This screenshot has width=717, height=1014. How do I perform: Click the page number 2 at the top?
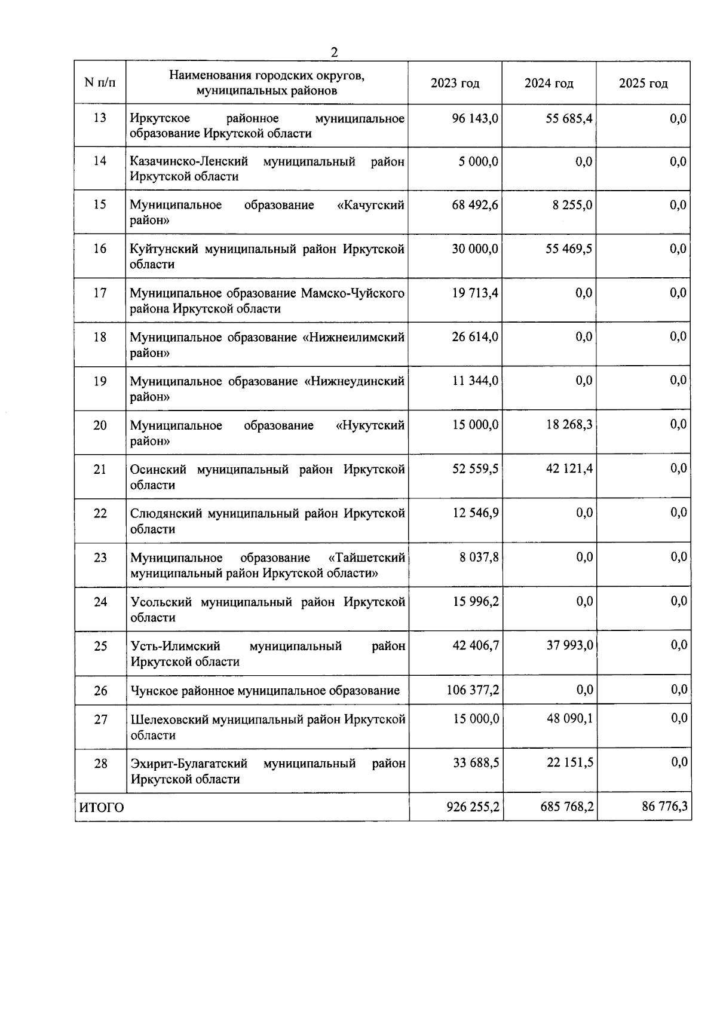click(335, 53)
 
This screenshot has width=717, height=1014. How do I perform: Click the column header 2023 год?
click(455, 84)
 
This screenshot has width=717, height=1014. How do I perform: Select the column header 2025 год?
click(643, 84)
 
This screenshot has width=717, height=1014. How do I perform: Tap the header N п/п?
click(100, 83)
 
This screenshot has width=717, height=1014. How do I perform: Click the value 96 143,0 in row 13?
click(475, 118)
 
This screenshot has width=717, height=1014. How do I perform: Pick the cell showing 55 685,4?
click(569, 118)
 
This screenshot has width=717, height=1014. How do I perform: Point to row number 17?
click(100, 293)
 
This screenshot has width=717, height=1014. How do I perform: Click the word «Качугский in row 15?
click(370, 205)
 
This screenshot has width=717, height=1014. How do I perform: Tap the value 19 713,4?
click(475, 293)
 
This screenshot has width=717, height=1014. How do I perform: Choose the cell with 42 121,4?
click(569, 469)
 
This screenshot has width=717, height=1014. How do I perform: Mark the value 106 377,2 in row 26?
click(473, 690)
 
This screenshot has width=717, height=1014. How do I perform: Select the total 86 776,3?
click(664, 807)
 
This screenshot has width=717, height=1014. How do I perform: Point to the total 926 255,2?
click(473, 807)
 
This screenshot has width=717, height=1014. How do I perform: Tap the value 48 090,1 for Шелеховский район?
click(569, 719)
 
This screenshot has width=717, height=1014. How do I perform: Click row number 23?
click(100, 557)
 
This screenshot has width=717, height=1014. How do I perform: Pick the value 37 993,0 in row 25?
click(569, 646)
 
